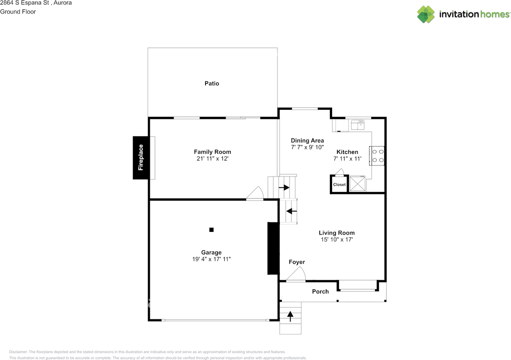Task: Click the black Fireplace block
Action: click(141, 158)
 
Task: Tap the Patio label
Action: click(212, 83)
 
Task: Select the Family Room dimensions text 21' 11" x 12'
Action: click(212, 158)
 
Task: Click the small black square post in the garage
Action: click(212, 229)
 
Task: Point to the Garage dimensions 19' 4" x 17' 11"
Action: click(212, 259)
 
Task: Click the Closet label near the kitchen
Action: click(339, 185)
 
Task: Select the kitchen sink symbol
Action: click(357, 125)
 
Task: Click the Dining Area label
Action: click(307, 140)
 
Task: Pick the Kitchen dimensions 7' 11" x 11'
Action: click(347, 158)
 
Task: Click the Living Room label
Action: click(337, 233)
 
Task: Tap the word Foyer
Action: click(297, 262)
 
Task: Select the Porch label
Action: click(320, 291)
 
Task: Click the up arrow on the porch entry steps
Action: click(290, 317)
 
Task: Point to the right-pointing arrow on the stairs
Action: click(286, 188)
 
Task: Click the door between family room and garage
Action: click(255, 194)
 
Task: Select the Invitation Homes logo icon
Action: click(426, 14)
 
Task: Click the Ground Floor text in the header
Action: click(18, 12)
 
